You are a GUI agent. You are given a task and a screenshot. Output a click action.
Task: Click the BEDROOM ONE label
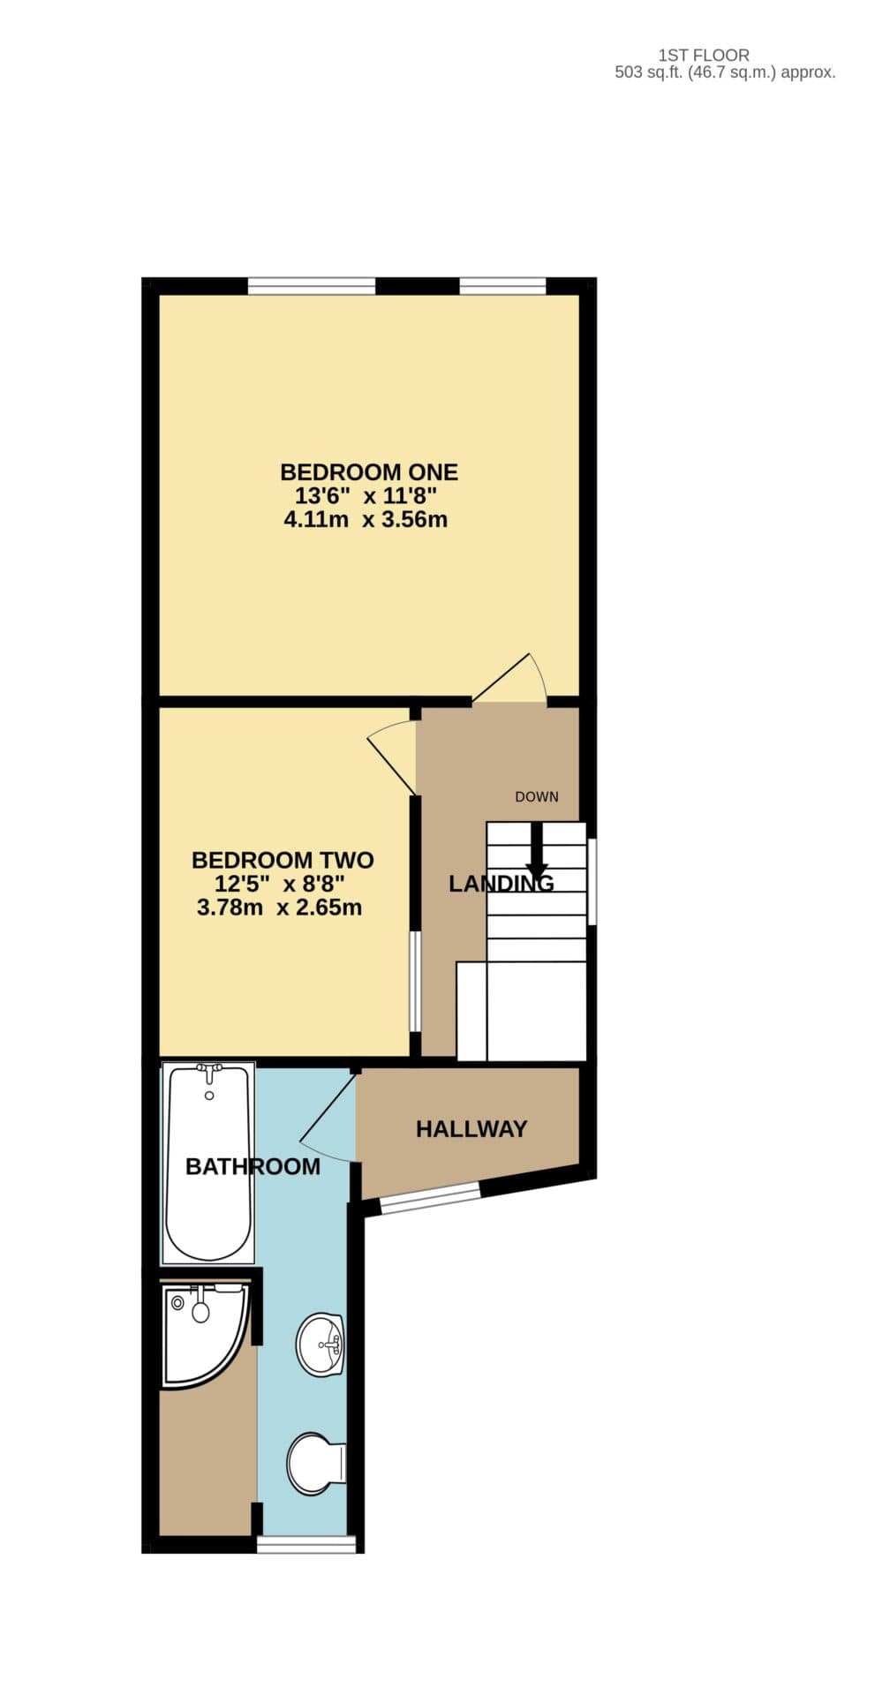tap(368, 471)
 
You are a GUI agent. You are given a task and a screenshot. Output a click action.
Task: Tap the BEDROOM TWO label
tap(283, 860)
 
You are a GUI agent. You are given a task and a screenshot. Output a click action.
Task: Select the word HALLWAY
tap(471, 1129)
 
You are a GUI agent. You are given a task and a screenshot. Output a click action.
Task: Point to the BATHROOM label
tap(253, 1167)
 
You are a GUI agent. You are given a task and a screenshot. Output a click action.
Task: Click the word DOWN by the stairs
tap(537, 797)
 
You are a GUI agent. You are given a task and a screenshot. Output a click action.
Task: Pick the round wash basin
tap(321, 1345)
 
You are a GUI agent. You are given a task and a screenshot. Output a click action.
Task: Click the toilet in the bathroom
tap(314, 1463)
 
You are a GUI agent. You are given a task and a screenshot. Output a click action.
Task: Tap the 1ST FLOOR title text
tap(704, 56)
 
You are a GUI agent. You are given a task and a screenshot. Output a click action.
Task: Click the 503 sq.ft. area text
tap(724, 73)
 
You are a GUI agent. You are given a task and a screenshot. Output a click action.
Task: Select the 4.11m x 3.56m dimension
tap(365, 520)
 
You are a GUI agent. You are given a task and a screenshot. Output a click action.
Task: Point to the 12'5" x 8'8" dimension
tap(279, 884)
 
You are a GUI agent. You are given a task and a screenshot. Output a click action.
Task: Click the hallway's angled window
tap(430, 1200)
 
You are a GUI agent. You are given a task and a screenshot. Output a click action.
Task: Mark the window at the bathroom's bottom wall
tap(305, 1544)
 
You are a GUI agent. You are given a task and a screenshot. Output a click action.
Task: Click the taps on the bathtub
tap(209, 1072)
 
